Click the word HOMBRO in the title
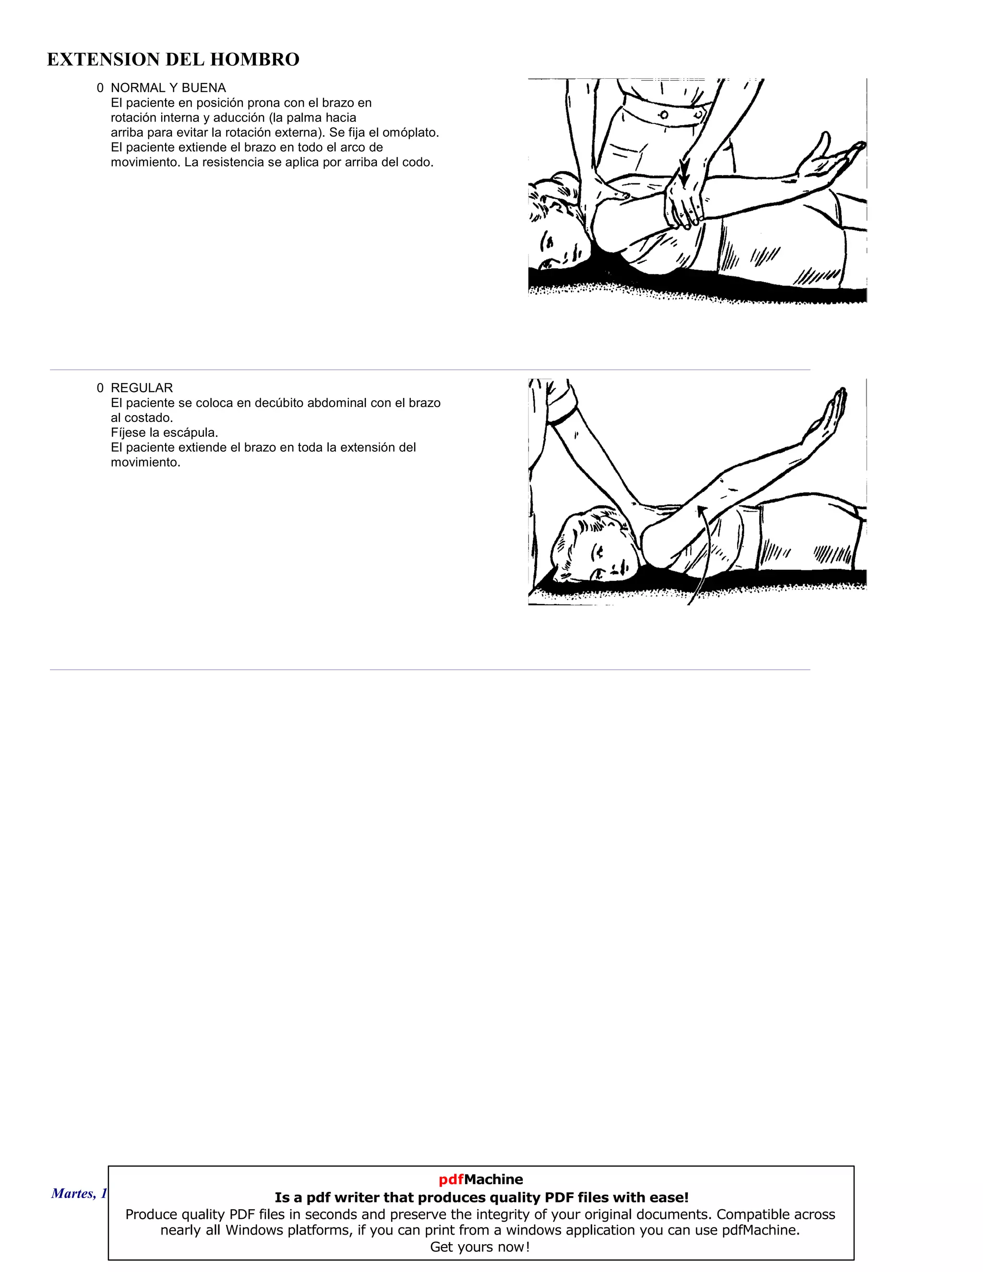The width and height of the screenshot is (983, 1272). coord(254,60)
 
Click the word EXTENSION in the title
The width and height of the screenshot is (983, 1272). coord(103,60)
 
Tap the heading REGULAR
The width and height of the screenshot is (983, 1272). coord(142,388)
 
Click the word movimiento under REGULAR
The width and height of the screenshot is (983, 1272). coord(145,462)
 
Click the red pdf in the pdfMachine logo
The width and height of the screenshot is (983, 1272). coord(451,1179)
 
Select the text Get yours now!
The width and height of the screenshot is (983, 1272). coord(480,1247)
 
